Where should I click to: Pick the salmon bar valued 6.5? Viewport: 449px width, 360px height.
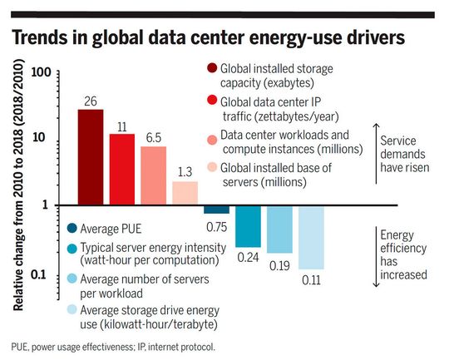pos(153,175)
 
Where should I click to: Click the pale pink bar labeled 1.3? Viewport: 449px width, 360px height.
pos(185,193)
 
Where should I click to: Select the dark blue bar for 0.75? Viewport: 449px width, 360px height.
pos(216,210)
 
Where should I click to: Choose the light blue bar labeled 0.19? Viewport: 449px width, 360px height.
pos(279,229)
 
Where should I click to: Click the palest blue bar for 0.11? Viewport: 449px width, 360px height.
pos(311,238)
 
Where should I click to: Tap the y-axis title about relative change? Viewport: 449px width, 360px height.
pos(17,190)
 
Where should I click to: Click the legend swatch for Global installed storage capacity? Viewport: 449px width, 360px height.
pos(212,69)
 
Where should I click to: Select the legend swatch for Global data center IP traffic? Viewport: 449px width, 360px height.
pos(212,101)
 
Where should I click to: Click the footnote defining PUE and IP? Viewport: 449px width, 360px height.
pos(113,346)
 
